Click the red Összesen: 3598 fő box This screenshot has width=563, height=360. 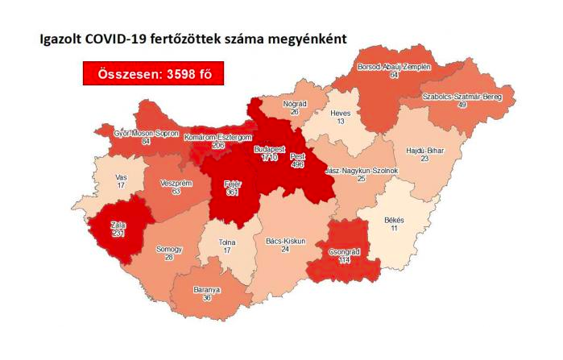click(x=152, y=74)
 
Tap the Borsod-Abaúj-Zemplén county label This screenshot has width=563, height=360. click(x=395, y=66)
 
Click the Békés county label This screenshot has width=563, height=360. click(x=394, y=221)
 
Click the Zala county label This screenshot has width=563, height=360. click(x=118, y=225)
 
